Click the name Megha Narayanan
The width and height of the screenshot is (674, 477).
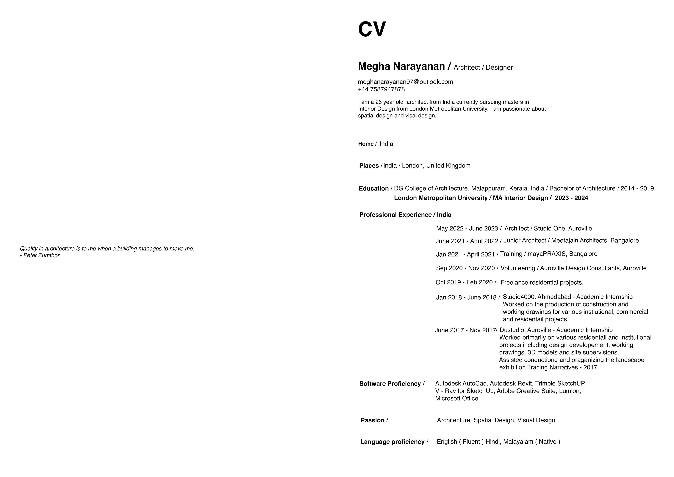coord(401,66)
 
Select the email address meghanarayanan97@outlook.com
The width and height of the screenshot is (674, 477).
coord(405,82)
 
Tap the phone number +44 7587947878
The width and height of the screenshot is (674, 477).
coord(381,89)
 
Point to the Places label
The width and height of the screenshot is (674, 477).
coord(369,166)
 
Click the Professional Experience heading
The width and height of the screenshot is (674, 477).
coord(395,215)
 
